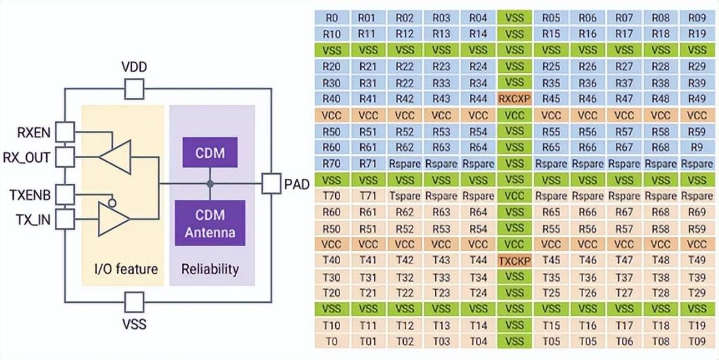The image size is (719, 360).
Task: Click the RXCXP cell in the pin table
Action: click(514, 98)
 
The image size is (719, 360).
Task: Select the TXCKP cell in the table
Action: click(514, 260)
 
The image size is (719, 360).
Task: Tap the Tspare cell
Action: click(404, 196)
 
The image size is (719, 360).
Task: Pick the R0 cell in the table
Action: click(331, 18)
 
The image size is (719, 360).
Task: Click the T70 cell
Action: click(331, 196)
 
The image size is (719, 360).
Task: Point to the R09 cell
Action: click(697, 18)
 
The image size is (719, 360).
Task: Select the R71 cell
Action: click(368, 163)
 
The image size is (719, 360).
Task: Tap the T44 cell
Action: click(478, 260)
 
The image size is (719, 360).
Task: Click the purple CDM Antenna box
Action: click(210, 223)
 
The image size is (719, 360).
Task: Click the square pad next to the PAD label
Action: click(271, 184)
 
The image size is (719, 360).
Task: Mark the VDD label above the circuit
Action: click(135, 69)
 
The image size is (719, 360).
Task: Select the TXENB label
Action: click(30, 195)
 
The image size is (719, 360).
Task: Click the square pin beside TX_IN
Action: click(65, 219)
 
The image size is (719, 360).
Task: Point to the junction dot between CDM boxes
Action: click(210, 184)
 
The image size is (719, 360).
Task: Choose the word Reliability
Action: click(210, 268)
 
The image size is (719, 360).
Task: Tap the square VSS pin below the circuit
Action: click(135, 302)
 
